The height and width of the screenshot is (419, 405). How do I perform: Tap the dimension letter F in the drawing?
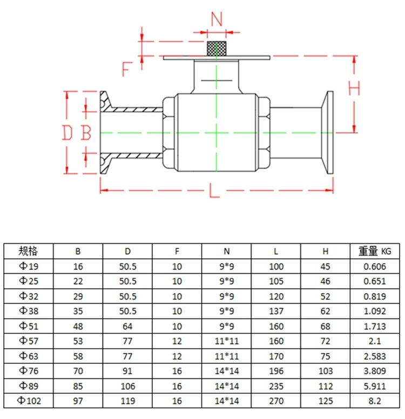127,69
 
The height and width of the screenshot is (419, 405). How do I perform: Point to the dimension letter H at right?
354,87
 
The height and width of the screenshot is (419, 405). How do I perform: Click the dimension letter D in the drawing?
67,132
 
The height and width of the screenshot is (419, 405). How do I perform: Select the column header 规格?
29,251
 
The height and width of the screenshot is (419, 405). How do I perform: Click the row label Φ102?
29,401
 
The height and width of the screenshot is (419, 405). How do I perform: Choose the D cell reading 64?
127,326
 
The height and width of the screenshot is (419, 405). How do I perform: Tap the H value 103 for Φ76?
325,371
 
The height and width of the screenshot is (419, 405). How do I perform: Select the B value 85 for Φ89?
78,386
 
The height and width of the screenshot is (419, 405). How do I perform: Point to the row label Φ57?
29,341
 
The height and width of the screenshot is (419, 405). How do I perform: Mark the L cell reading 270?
275,401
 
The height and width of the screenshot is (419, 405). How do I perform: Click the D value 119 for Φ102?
127,401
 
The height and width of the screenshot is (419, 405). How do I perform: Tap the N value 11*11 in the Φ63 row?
226,356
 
